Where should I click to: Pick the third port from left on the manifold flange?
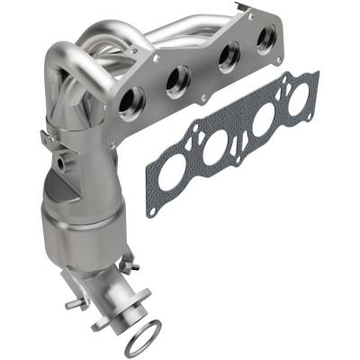(x=228, y=57)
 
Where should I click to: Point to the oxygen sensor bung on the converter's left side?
(x=61, y=166)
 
